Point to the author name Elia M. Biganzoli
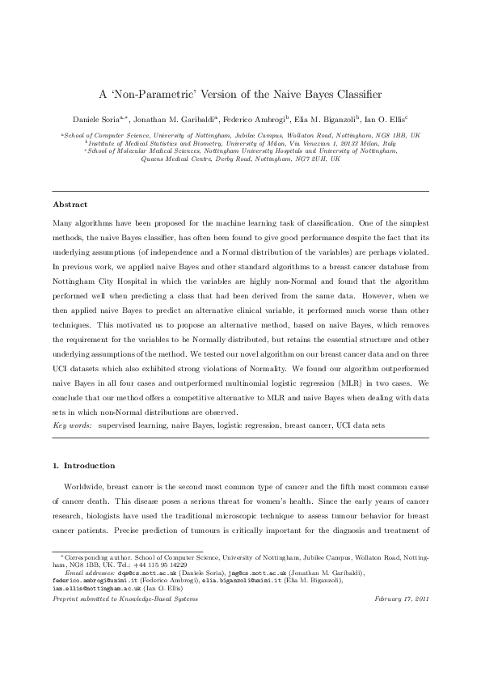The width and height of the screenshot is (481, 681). tap(321, 118)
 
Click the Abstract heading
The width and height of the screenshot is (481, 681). tap(70, 205)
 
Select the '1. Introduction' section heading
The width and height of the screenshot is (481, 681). tap(83, 466)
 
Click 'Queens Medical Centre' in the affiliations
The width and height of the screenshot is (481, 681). tap(176, 159)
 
